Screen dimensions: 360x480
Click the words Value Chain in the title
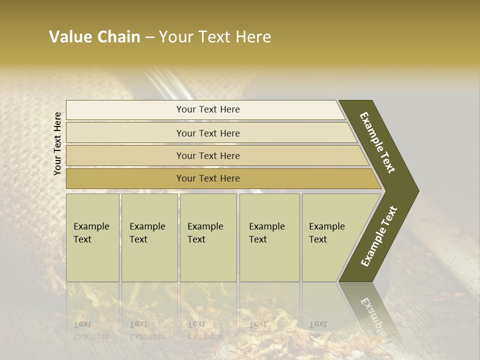[94, 37]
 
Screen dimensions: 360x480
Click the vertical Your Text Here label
[57, 143]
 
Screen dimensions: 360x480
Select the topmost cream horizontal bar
[125, 110]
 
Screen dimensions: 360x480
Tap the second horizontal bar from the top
[125, 133]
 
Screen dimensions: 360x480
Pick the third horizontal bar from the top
[125, 155]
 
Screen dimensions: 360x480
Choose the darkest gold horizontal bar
[125, 178]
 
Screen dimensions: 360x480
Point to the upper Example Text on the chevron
[377, 142]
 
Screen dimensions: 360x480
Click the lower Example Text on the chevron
[378, 236]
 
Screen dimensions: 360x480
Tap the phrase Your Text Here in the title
[215, 37]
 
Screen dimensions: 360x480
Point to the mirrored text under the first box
[91, 330]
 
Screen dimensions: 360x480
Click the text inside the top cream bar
[208, 109]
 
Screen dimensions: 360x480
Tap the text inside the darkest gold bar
[208, 178]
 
